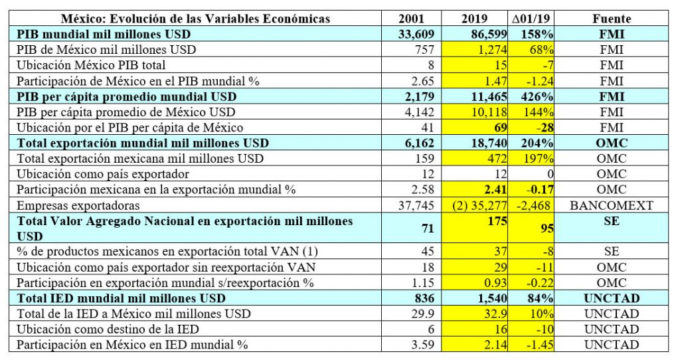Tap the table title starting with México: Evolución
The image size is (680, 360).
[195, 19]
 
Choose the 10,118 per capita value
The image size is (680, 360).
[490, 112]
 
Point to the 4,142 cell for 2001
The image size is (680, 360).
[419, 112]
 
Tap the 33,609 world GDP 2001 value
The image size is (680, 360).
[416, 34]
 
